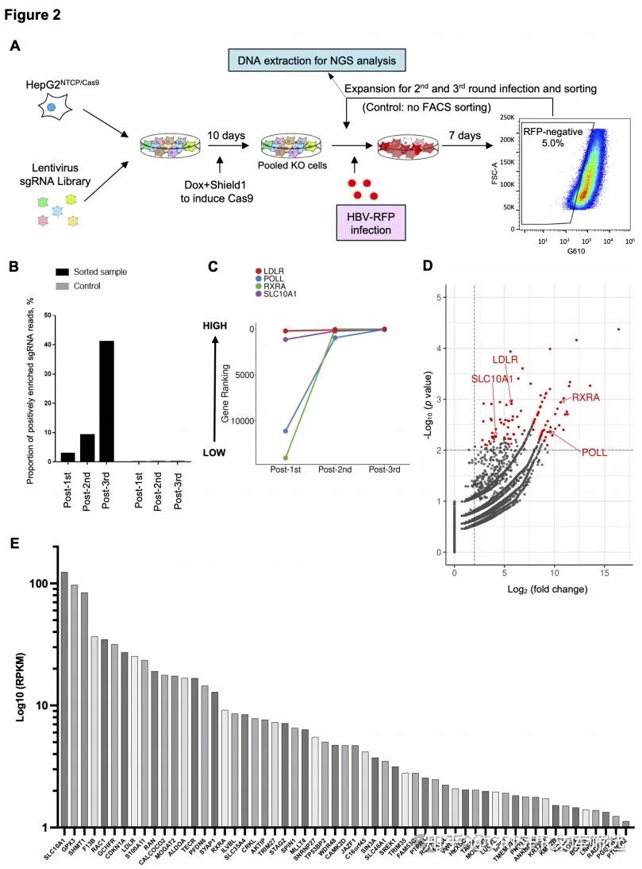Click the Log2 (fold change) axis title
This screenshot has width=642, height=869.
pyautogui.click(x=531, y=589)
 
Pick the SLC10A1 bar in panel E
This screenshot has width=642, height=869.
pyautogui.click(x=64, y=699)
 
